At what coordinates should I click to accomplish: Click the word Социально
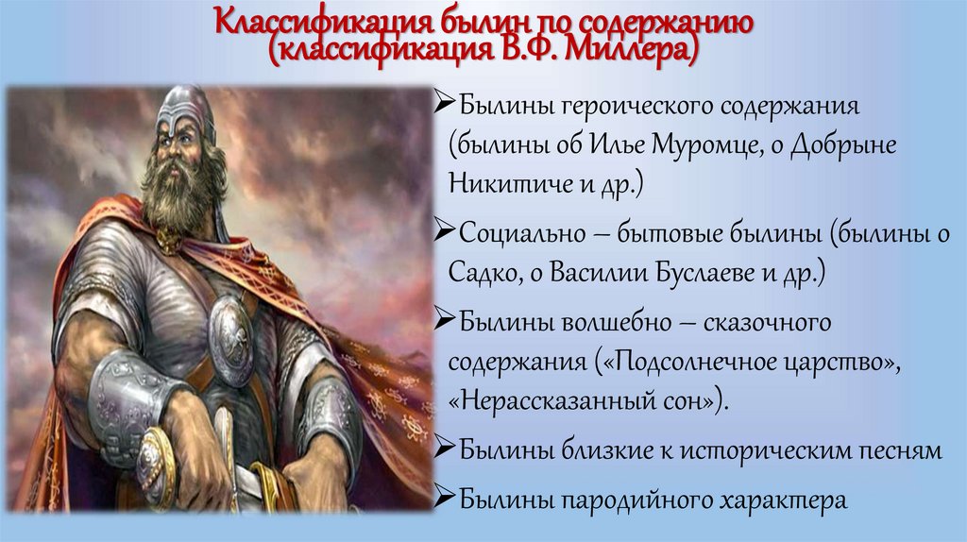pos(522,233)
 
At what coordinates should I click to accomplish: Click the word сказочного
pos(755,322)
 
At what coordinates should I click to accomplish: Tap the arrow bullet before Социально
pos(447,232)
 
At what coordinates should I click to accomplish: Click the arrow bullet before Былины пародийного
pos(447,498)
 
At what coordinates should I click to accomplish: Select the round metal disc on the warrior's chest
pos(230,327)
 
